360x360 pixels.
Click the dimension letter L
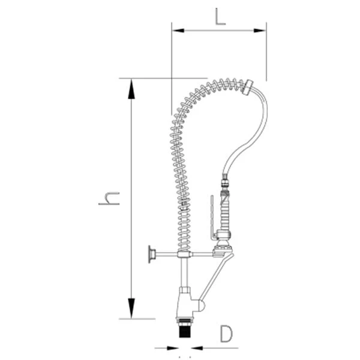[x=220, y=17]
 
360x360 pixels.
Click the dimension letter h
[x=109, y=199]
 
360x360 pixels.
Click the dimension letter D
[x=226, y=334]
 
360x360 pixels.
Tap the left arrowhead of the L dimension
[x=178, y=31]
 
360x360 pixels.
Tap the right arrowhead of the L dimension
[x=260, y=31]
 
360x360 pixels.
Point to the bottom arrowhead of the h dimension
[x=131, y=308]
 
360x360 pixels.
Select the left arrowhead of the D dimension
[x=172, y=348]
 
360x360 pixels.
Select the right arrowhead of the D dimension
[x=197, y=348]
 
